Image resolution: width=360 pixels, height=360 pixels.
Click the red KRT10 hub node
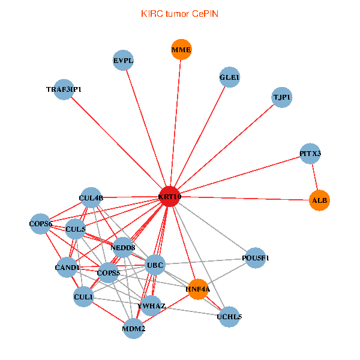point(170,197)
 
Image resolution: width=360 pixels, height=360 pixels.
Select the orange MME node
point(181,50)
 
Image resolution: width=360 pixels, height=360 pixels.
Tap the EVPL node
point(123,60)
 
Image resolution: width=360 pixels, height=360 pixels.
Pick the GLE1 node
point(230,78)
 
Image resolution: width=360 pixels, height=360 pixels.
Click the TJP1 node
point(282,97)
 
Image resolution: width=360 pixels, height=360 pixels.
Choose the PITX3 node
point(310,154)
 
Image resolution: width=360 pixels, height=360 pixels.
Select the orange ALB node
point(319,200)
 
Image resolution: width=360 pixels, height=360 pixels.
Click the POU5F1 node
point(255,257)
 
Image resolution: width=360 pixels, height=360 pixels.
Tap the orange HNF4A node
point(198,289)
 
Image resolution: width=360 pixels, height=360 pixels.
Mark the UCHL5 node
point(229,317)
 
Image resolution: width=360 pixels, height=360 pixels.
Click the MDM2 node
point(133,329)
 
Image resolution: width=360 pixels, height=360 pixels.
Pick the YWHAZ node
point(151,306)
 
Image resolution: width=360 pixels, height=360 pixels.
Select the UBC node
point(155,265)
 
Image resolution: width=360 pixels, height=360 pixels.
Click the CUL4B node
point(91,197)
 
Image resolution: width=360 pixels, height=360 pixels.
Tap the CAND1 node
point(67,267)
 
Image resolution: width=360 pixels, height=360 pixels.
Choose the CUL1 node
point(83,296)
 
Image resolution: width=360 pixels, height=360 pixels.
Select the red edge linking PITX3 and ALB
point(314,177)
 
